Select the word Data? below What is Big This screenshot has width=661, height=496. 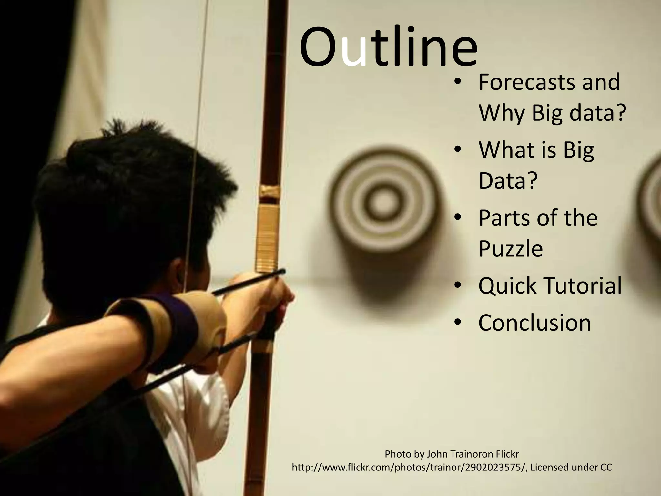[508, 181]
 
